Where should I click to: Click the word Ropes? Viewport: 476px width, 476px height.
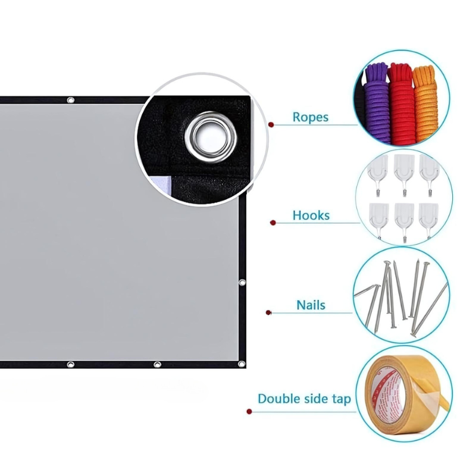pos(310,117)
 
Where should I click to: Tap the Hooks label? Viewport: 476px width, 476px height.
pos(311,215)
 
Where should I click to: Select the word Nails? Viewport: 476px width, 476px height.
pos(311,305)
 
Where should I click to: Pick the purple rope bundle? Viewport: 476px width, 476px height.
pos(377,102)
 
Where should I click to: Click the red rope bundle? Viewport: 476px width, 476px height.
pos(401,103)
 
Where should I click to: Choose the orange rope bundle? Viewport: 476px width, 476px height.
pos(425,103)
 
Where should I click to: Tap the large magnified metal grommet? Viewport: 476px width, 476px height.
pos(211,137)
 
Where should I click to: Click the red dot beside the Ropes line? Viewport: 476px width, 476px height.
pos(271,124)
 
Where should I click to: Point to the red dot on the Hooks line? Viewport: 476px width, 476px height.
pos(273,223)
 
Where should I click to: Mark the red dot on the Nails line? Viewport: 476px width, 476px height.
pos(268,313)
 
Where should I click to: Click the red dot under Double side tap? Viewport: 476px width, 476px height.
pos(249,412)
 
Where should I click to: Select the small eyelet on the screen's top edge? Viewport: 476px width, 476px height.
pos(70,100)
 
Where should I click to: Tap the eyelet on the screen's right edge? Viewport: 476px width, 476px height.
pos(242,283)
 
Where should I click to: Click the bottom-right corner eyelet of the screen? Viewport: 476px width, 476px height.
pos(242,364)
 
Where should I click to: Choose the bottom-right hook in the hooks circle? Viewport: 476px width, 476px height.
pos(428,221)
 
